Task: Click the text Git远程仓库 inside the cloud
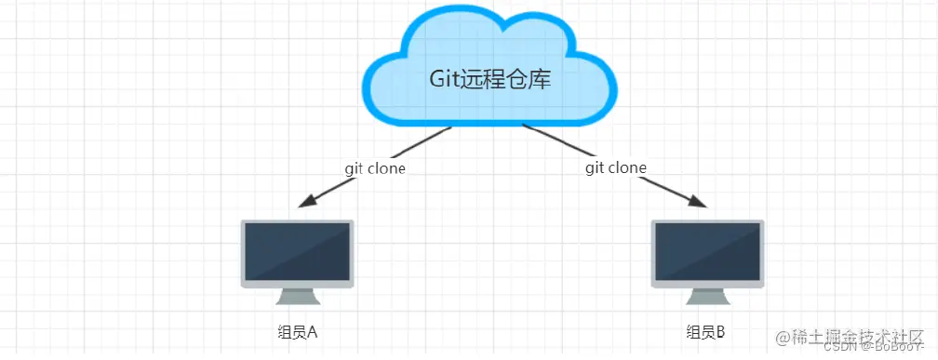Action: coord(489,80)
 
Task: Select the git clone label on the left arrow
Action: coord(374,168)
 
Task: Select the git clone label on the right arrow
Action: coord(616,167)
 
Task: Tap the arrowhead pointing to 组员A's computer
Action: coord(304,202)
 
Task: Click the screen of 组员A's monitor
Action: coord(297,251)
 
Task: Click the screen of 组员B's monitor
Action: coord(706,251)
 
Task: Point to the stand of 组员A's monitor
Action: coord(298,295)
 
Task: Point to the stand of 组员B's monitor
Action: coord(706,295)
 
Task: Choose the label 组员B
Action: coord(704,332)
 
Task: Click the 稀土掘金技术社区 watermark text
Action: coord(854,335)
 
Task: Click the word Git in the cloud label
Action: coord(444,80)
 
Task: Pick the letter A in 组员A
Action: coord(313,332)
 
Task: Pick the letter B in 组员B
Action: coord(720,332)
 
